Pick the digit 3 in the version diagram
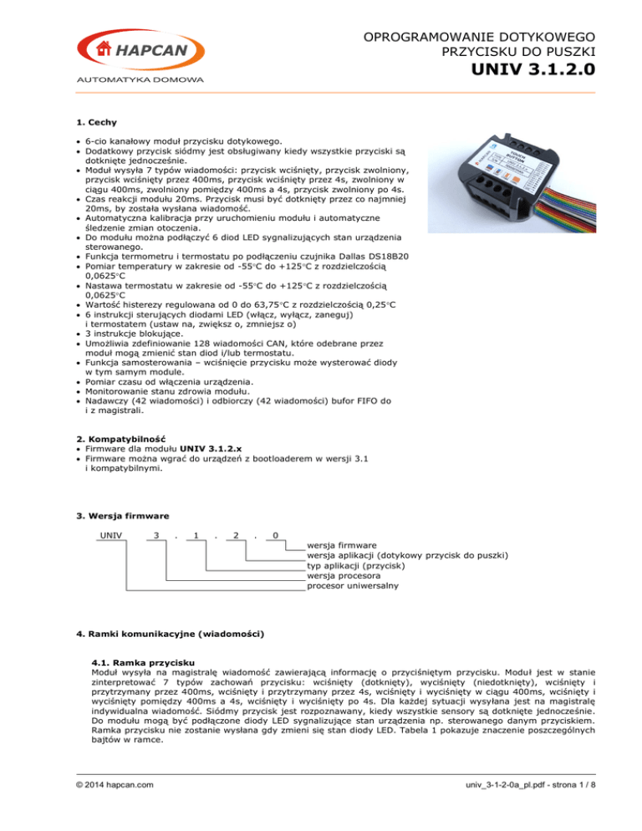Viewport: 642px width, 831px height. (156, 534)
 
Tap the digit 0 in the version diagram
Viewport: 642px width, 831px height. (276, 534)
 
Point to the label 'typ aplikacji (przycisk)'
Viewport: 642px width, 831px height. (356, 565)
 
